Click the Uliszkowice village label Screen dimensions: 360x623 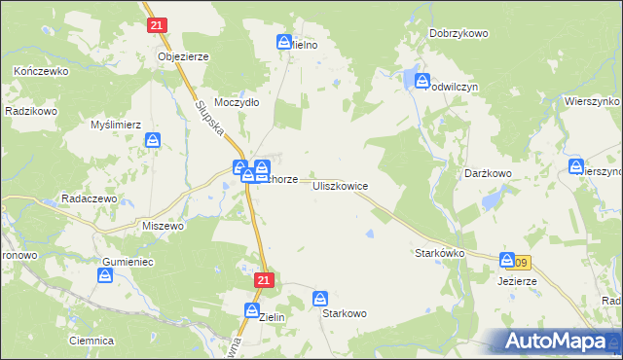click(340, 184)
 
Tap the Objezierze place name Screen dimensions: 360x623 click(183, 56)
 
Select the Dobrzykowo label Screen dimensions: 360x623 click(458, 33)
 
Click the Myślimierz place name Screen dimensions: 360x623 click(116, 125)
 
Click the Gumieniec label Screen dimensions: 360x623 click(128, 263)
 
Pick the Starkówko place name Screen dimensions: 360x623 click(440, 252)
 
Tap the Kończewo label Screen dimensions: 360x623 click(40, 72)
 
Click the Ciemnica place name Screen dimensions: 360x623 click(92, 341)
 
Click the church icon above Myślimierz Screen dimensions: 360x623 click(154, 142)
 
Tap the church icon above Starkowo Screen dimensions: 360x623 click(321, 299)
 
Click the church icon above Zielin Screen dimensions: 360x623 click(252, 312)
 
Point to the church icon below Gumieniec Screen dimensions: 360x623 click(105, 277)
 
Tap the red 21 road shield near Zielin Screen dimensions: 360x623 click(264, 279)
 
